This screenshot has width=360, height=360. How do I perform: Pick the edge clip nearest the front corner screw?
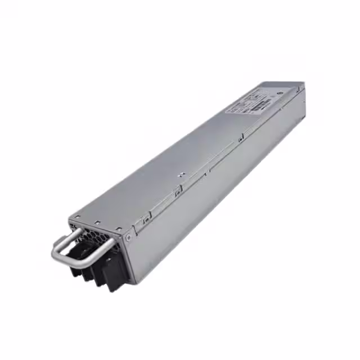[x=146, y=219]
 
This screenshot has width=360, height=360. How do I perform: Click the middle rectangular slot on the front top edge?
[x=97, y=223]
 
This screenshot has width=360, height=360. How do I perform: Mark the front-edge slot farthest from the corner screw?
[x=77, y=217]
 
